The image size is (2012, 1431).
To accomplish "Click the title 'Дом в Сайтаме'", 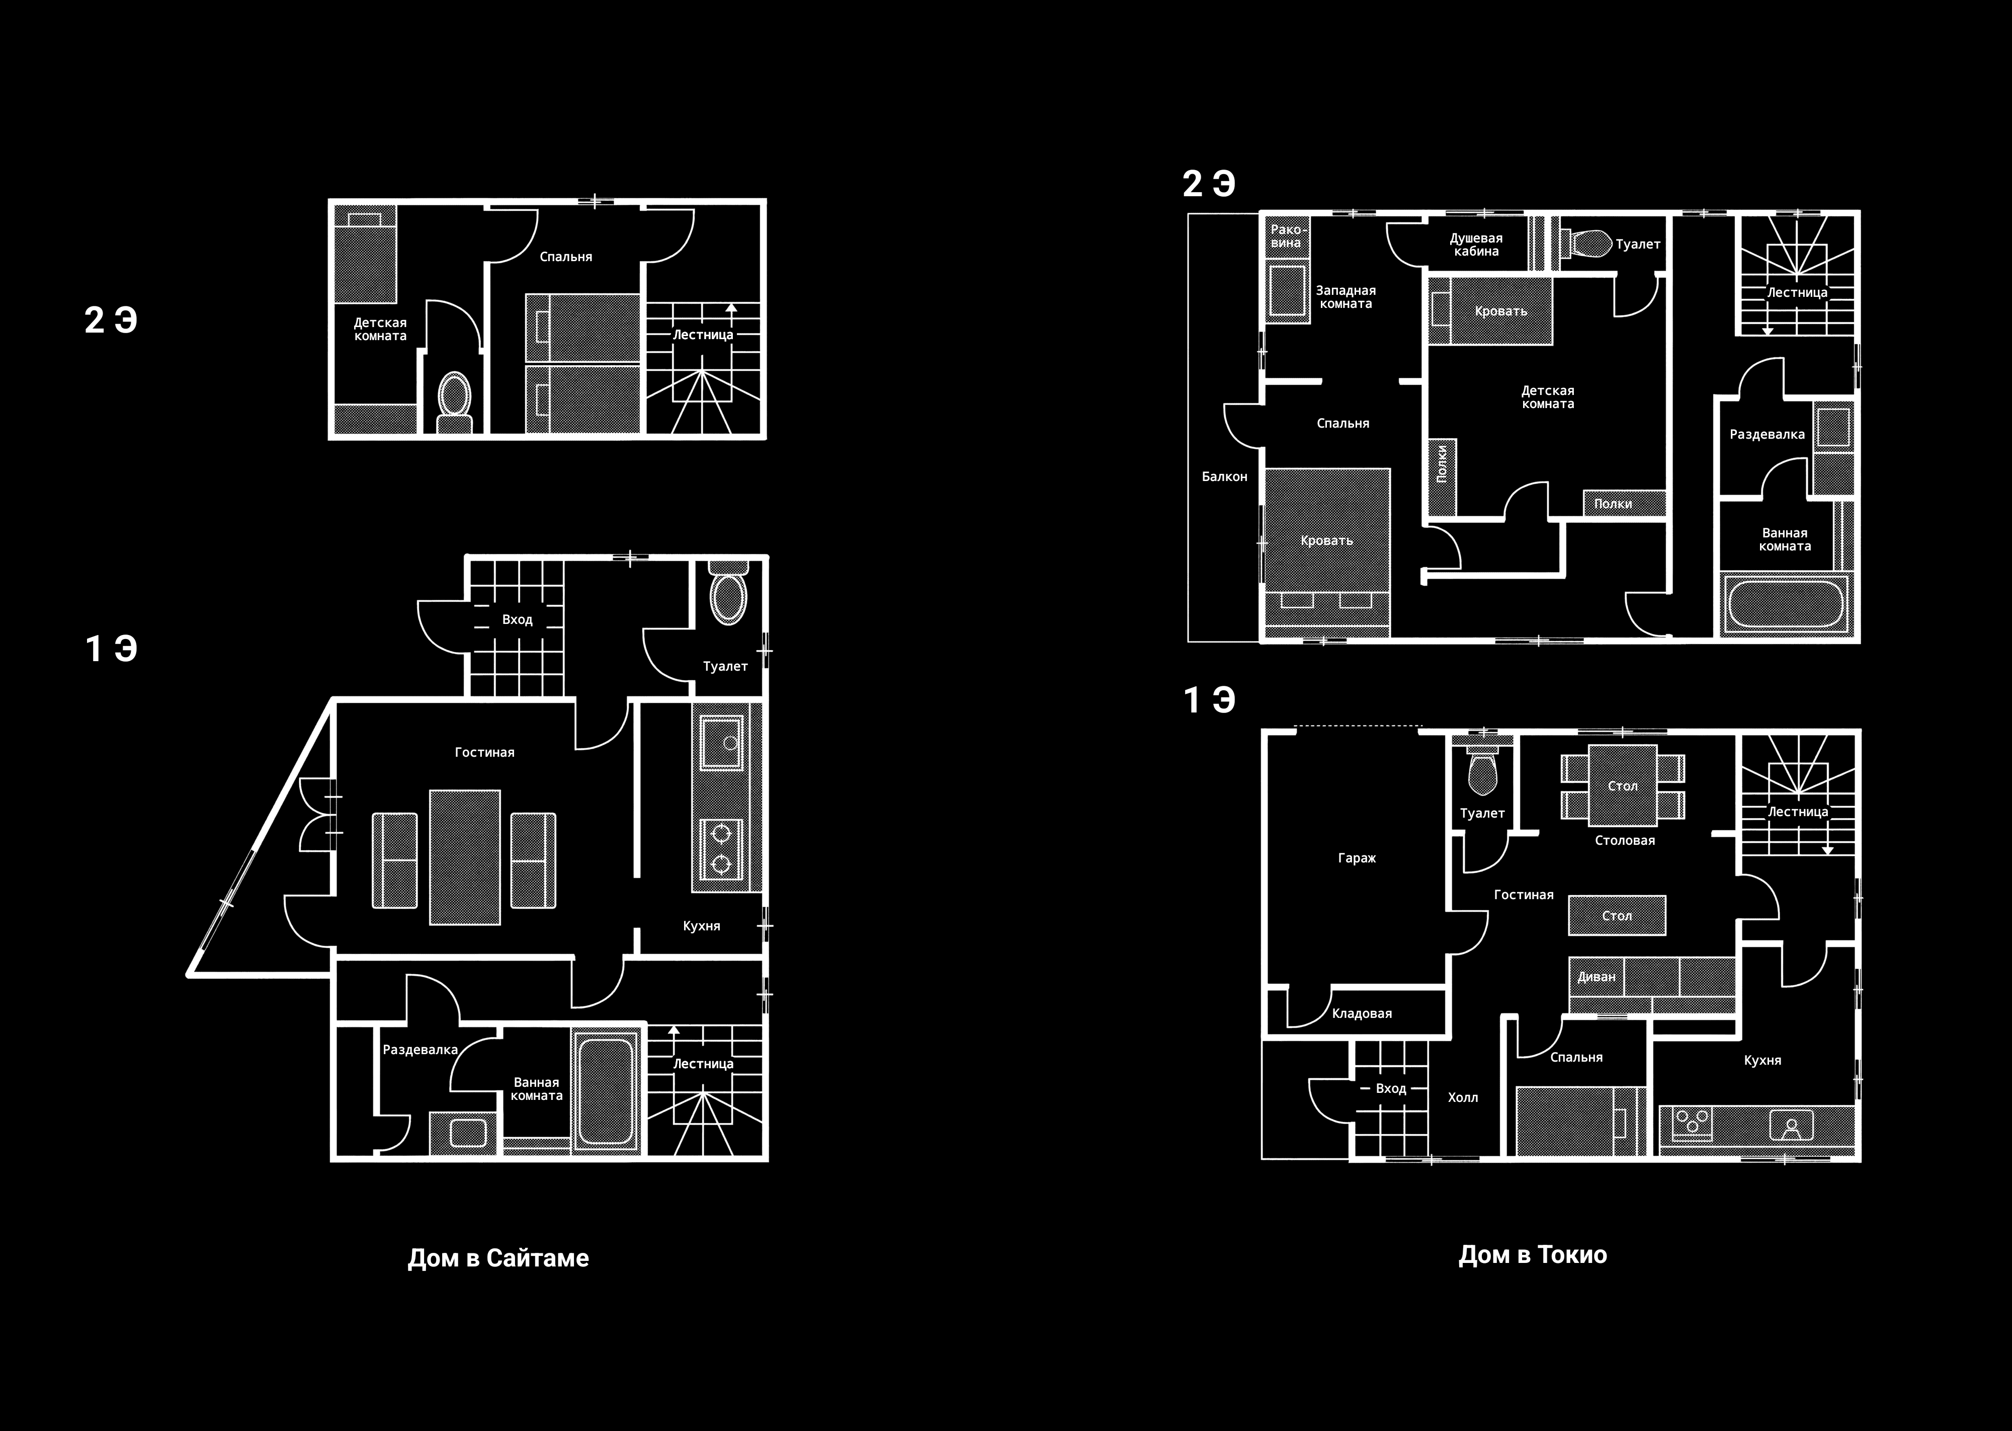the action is tap(497, 1257).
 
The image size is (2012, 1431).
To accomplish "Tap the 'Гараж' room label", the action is tap(1357, 857).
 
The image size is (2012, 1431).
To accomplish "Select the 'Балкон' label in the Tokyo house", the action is tap(1224, 476).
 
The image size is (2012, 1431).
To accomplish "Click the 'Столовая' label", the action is tap(1624, 840).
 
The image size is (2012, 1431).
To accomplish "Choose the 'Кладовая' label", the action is tap(1362, 1013).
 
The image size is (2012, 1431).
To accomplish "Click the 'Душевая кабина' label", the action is tap(1476, 244).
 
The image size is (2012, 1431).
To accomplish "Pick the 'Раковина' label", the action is tap(1286, 236).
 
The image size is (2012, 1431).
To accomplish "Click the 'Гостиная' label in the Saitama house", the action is tap(484, 752).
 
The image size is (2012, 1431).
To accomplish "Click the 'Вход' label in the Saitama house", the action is tap(517, 619).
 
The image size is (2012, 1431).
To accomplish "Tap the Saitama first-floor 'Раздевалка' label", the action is tap(420, 1050).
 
